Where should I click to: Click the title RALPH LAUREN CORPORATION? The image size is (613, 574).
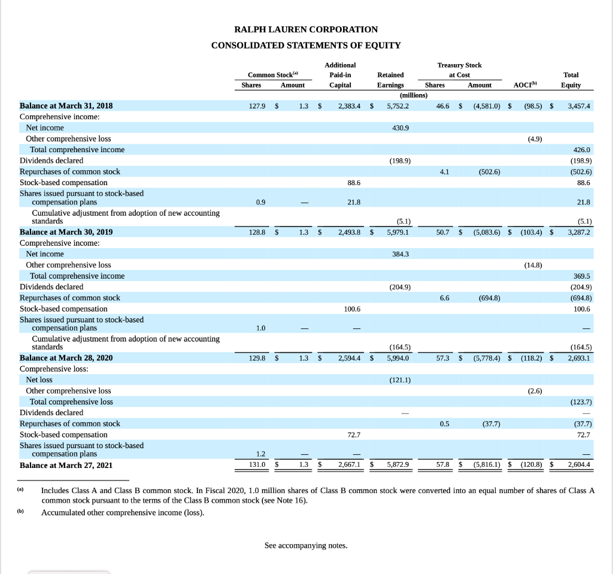tap(306, 29)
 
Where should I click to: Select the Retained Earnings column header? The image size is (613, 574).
tap(390, 80)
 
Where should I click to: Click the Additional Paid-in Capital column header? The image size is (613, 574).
tap(340, 75)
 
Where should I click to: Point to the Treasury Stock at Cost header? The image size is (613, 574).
tap(459, 70)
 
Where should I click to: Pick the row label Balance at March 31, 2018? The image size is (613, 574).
tap(66, 106)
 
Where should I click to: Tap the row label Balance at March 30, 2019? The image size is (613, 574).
tap(66, 232)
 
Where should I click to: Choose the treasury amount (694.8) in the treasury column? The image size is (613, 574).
tap(489, 298)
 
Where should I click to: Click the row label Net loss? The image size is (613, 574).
tap(40, 380)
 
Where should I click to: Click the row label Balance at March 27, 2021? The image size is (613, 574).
tap(66, 465)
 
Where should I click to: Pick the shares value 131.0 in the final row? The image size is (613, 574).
tap(257, 464)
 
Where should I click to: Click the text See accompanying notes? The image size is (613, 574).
tap(306, 545)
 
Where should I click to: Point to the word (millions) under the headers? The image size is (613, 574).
tap(408, 95)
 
